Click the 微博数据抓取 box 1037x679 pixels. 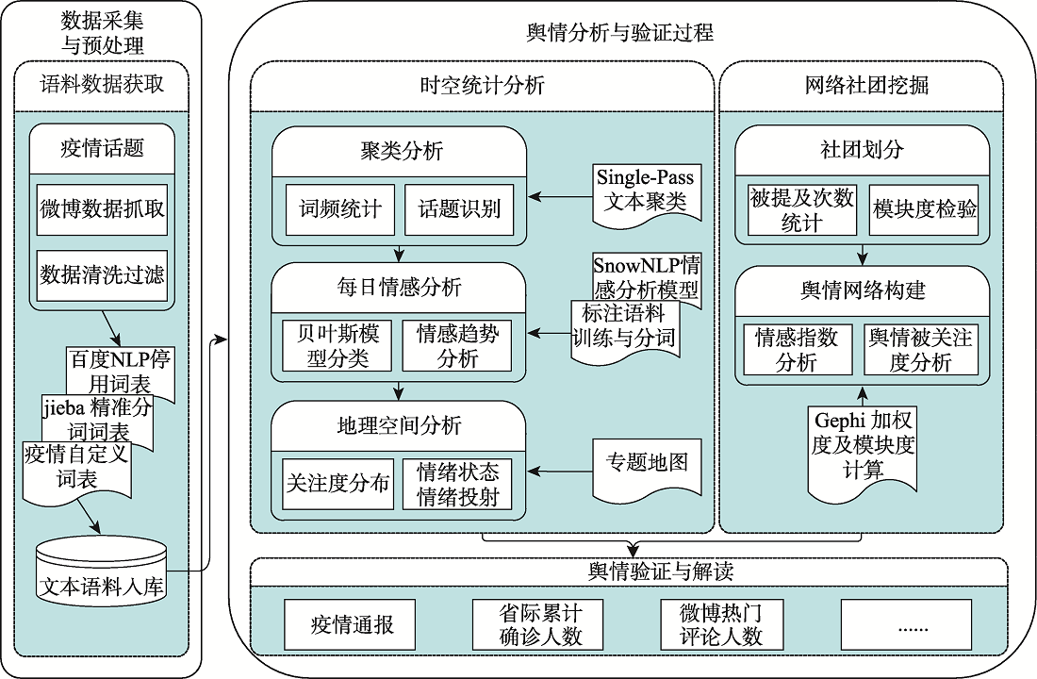click(102, 209)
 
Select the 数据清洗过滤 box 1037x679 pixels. click(102, 275)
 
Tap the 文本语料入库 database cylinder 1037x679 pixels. click(102, 571)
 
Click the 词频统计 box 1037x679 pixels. click(340, 209)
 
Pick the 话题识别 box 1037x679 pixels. click(459, 209)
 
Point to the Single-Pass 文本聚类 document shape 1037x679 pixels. click(646, 194)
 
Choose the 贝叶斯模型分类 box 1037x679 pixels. click(337, 346)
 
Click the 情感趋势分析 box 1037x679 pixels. click(457, 346)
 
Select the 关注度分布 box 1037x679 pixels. click(337, 484)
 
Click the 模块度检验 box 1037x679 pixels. click(923, 209)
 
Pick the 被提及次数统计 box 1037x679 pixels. click(802, 209)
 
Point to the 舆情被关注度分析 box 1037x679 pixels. click(921, 350)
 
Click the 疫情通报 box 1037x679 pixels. click(350, 624)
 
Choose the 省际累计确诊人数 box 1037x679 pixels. click(538, 624)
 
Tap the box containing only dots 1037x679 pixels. click(906, 624)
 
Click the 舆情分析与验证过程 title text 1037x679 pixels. click(620, 32)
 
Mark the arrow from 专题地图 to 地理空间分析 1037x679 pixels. click(560, 472)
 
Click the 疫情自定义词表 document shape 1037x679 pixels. click(76, 469)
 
